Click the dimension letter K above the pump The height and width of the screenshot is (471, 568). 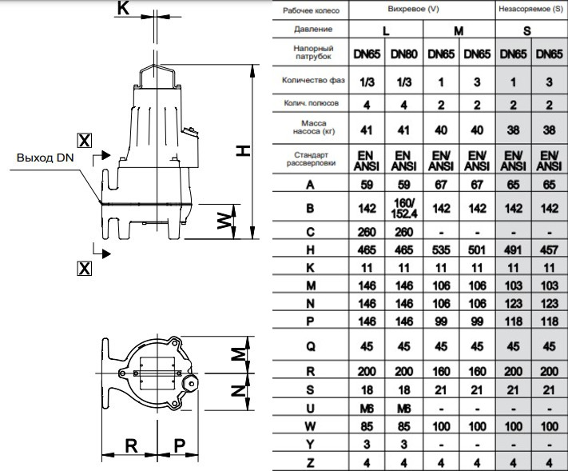(x=123, y=8)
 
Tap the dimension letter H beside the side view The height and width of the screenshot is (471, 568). (x=243, y=151)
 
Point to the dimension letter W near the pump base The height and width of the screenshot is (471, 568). (x=224, y=221)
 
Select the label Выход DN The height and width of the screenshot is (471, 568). (x=46, y=158)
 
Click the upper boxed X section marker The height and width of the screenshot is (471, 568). (x=85, y=140)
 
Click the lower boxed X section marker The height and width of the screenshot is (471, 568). (x=85, y=269)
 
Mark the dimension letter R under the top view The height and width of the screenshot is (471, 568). (x=131, y=445)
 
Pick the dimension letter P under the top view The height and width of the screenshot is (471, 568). (x=179, y=445)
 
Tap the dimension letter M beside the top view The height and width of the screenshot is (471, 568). (x=239, y=354)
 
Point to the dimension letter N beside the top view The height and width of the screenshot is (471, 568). (x=239, y=390)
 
